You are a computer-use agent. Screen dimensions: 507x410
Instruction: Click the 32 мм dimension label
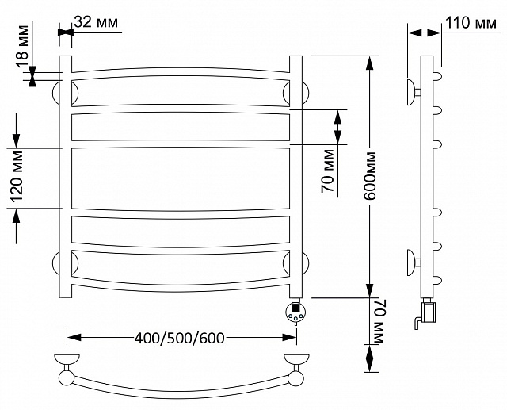pyautogui.click(x=96, y=23)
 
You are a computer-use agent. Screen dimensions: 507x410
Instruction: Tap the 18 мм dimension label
pyautogui.click(x=23, y=46)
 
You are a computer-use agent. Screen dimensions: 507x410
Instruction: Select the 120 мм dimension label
pyautogui.click(x=17, y=176)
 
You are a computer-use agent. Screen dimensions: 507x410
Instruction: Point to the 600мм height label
pyautogui.click(x=370, y=176)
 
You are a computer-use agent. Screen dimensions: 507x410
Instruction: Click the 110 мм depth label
pyautogui.click(x=471, y=23)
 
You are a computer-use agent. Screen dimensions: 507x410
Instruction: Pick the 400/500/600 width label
pyautogui.click(x=180, y=338)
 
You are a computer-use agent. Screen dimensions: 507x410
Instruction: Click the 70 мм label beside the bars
pyautogui.click(x=328, y=171)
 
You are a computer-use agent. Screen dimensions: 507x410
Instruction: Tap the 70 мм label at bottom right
pyautogui.click(x=379, y=322)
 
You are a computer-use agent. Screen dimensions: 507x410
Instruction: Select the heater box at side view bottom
pyautogui.click(x=429, y=312)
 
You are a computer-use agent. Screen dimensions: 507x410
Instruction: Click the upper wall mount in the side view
pyautogui.click(x=414, y=92)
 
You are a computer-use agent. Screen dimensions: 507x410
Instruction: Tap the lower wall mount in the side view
pyautogui.click(x=414, y=262)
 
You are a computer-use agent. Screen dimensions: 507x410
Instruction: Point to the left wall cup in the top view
pyautogui.click(x=67, y=359)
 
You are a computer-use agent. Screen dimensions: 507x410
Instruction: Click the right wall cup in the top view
pyautogui.click(x=296, y=359)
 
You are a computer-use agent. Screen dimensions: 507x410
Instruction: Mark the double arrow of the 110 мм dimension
pyautogui.click(x=424, y=33)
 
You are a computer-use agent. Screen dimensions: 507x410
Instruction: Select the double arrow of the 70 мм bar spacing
pyautogui.click(x=337, y=127)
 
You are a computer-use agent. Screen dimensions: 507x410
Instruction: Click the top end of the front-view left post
pyautogui.click(x=65, y=56)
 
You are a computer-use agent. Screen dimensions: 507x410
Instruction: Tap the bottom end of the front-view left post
pyautogui.click(x=65, y=297)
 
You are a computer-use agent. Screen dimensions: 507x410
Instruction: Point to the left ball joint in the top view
pyautogui.click(x=67, y=377)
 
